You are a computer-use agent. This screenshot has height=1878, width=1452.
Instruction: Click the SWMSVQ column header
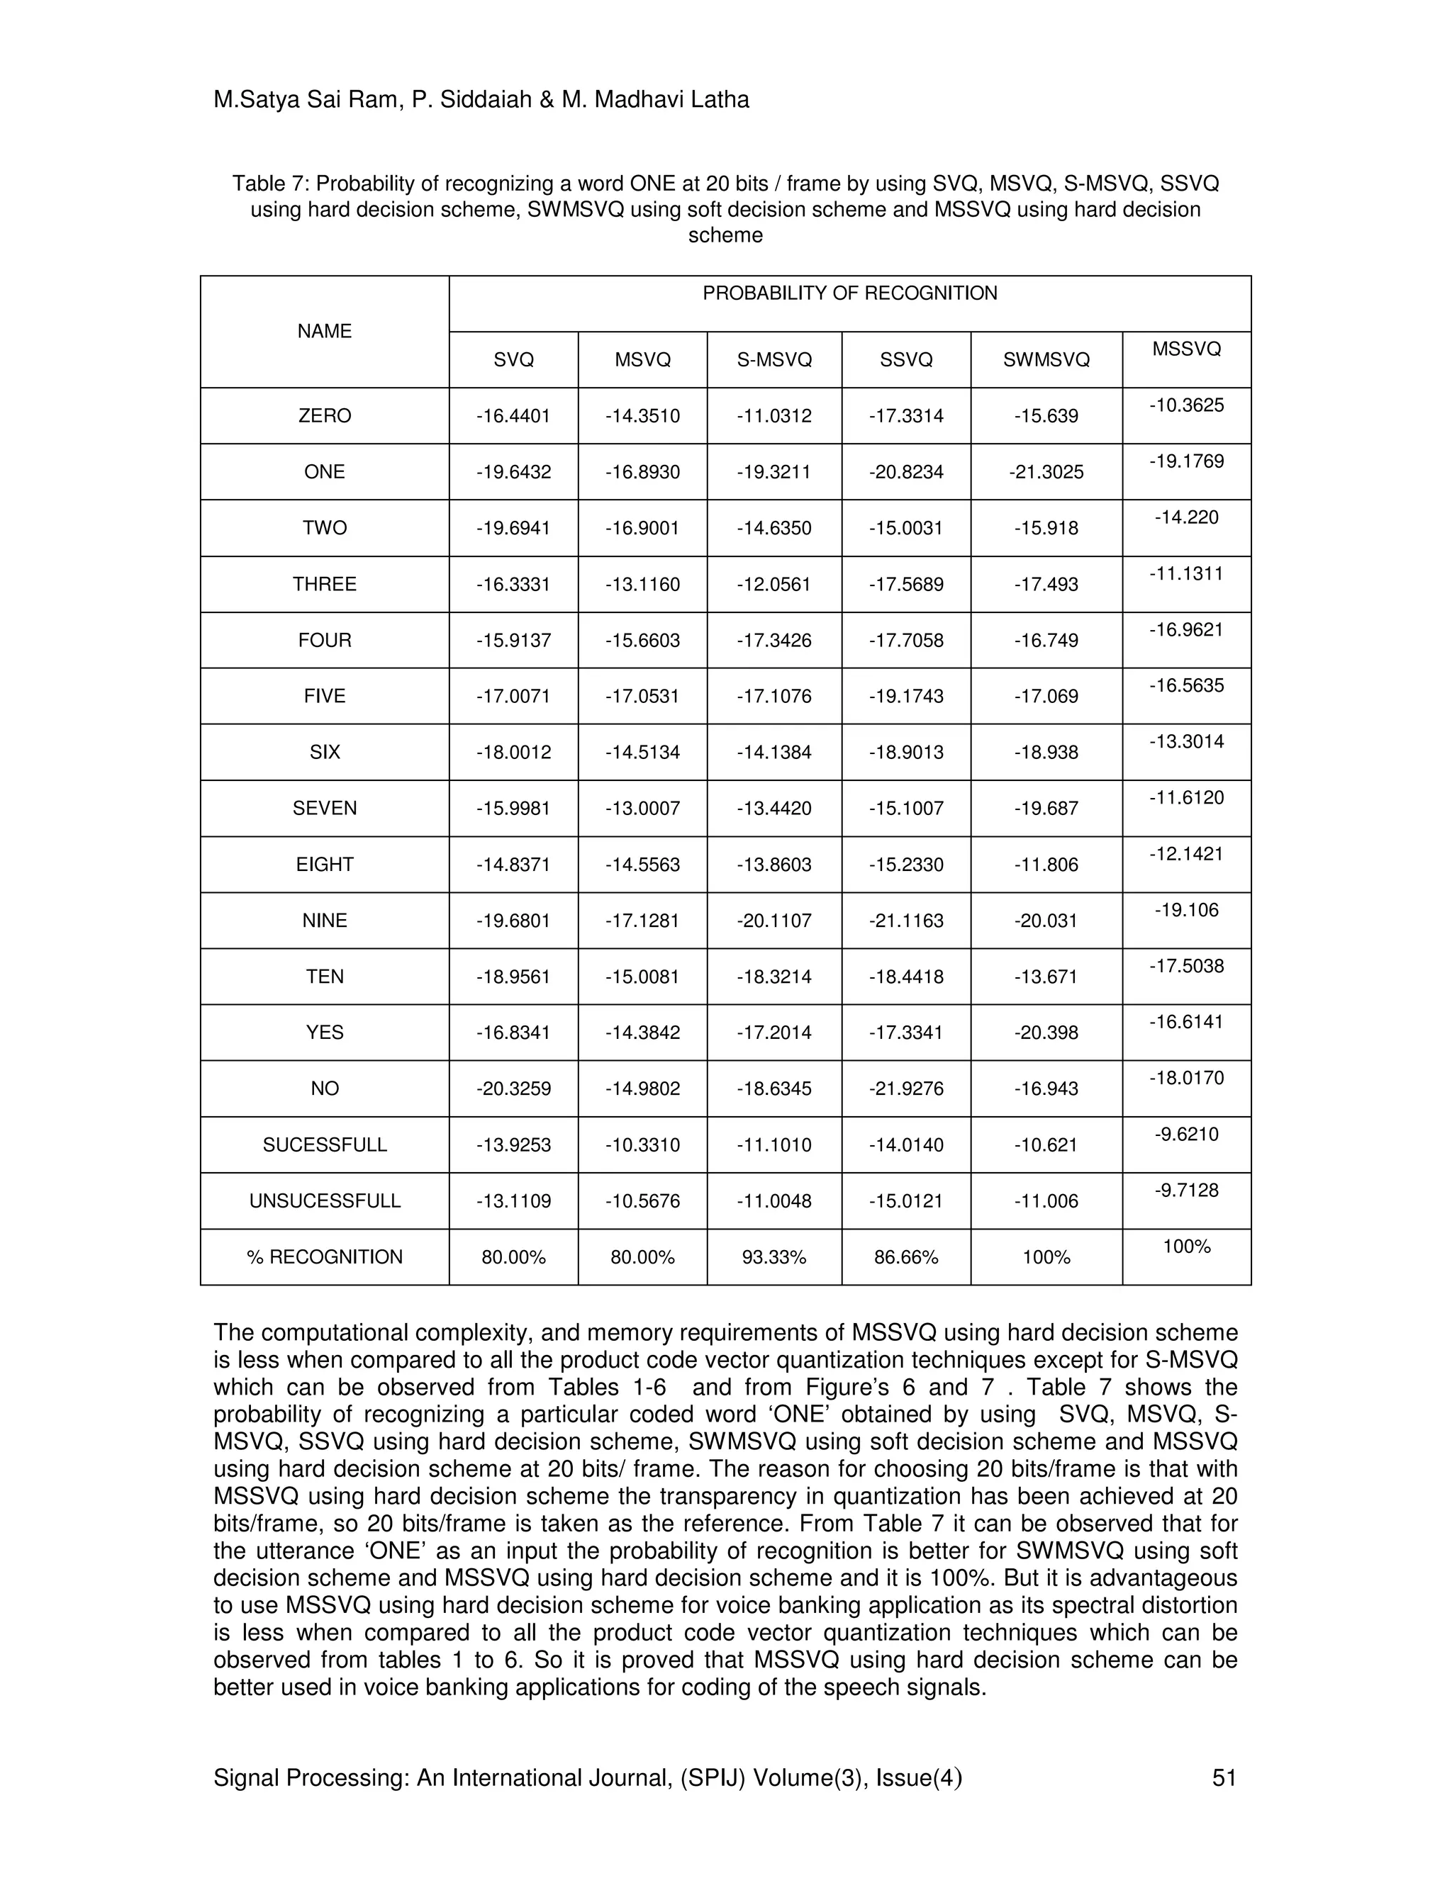coord(1046,360)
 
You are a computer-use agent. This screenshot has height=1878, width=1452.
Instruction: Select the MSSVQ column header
coord(1186,349)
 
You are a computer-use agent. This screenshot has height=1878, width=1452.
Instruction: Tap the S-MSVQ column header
coord(774,360)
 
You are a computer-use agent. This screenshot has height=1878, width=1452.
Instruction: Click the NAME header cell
coord(324,331)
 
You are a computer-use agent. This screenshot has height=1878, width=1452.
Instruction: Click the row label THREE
coord(324,584)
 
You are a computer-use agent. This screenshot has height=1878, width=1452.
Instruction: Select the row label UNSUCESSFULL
coord(324,1201)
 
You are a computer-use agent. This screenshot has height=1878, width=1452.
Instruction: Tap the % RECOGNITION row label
coord(324,1257)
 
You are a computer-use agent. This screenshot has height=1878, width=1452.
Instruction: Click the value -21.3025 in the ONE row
coord(1046,472)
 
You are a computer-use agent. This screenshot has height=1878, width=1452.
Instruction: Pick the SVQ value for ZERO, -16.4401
coord(513,416)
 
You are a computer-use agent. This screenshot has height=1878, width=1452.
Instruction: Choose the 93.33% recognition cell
coord(774,1257)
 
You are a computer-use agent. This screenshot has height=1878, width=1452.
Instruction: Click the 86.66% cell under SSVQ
coord(906,1257)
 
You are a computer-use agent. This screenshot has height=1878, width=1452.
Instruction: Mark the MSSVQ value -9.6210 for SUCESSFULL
coord(1186,1134)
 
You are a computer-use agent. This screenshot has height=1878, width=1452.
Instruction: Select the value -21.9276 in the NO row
coord(906,1089)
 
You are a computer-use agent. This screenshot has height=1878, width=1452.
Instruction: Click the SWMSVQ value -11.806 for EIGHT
coord(1046,864)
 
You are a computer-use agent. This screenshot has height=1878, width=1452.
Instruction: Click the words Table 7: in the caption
coord(270,184)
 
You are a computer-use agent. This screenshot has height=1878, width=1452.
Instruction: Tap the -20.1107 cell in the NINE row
coord(774,920)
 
